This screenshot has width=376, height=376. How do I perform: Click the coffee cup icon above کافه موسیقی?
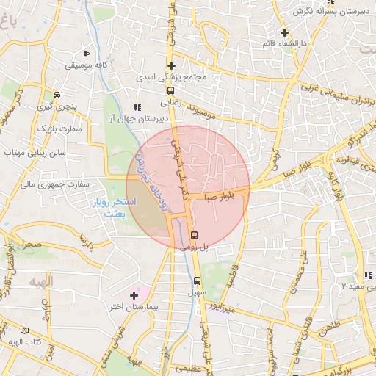(87, 54)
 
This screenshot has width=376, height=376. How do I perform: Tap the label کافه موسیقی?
(87, 65)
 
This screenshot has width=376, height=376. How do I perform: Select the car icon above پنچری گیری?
(57, 94)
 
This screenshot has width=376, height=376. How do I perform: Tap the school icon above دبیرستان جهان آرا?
(136, 107)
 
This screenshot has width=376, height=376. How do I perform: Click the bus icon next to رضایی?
(171, 93)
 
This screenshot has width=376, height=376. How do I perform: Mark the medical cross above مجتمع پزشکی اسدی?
(171, 65)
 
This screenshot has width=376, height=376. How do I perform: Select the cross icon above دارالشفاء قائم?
(284, 32)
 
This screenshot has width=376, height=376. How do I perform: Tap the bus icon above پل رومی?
(195, 235)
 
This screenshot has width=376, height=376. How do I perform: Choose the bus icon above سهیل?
(196, 281)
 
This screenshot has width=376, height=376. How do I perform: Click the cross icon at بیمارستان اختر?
(133, 295)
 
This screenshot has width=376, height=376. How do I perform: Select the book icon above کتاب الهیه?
(26, 331)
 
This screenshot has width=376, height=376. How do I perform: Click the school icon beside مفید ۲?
(369, 275)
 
